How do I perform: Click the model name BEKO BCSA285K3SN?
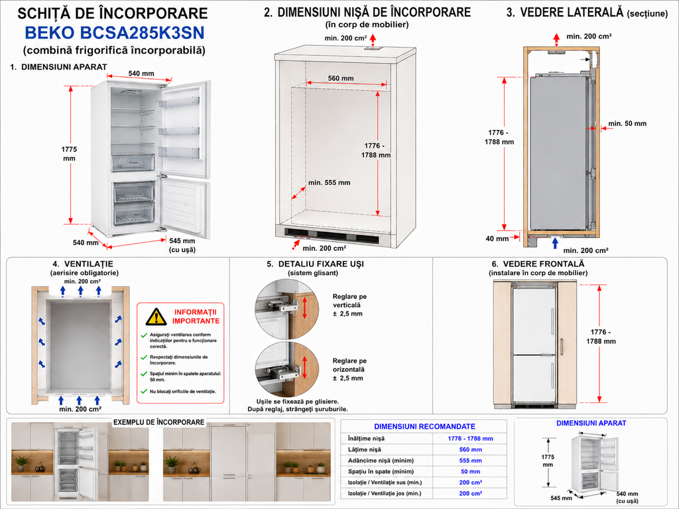[x=114, y=33]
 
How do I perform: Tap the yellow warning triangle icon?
[x=156, y=317]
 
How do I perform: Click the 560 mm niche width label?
[x=341, y=78]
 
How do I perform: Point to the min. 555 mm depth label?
[x=329, y=183]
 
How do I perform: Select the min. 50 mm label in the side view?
[x=627, y=123]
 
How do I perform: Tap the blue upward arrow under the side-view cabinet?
[x=555, y=243]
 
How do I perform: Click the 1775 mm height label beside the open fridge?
[x=69, y=154]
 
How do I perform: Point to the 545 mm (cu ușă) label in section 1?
[x=182, y=245]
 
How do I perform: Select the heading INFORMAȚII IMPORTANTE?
[x=196, y=316]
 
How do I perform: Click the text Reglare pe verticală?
[x=349, y=301]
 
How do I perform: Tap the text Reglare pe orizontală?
[x=349, y=365]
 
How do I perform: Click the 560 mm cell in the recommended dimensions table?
[x=470, y=450]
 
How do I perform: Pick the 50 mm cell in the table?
[x=470, y=471]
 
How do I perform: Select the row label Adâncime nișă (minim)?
[x=381, y=461]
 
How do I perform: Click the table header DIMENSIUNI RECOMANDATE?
[x=424, y=426]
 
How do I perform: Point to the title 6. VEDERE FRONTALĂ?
[x=538, y=264]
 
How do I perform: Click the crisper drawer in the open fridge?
[x=133, y=163]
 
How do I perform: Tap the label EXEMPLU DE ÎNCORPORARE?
[x=158, y=422]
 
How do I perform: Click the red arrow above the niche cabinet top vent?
[x=373, y=40]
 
